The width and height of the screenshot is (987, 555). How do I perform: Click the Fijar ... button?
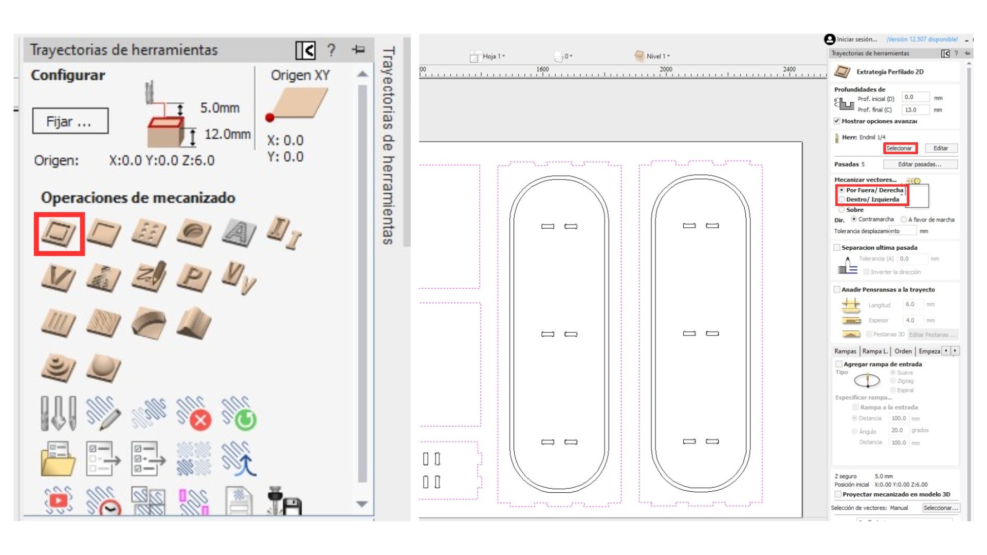[70, 121]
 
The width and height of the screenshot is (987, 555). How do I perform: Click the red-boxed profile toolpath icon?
[59, 233]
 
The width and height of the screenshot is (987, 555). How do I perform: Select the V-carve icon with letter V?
[58, 278]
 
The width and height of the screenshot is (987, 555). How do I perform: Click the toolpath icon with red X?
[194, 414]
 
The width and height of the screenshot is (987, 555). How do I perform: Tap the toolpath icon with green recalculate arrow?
[239, 414]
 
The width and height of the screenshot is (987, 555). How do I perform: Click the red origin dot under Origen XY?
[270, 118]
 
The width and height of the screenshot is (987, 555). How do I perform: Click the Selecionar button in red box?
[900, 148]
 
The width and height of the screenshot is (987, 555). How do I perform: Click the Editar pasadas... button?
[920, 164]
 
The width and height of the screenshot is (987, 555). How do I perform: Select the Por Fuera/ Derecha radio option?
[842, 190]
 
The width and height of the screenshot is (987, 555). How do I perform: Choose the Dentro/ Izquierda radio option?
[842, 199]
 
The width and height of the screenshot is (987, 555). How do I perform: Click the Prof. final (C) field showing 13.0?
[915, 110]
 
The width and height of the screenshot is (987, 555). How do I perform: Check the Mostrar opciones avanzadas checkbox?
[837, 121]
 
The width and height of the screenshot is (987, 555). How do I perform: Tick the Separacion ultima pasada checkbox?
[837, 248]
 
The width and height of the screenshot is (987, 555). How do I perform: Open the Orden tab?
[903, 351]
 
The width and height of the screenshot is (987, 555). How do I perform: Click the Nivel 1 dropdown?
[653, 57]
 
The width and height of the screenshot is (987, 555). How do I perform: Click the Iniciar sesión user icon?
[829, 40]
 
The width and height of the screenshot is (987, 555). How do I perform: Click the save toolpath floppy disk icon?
[285, 502]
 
